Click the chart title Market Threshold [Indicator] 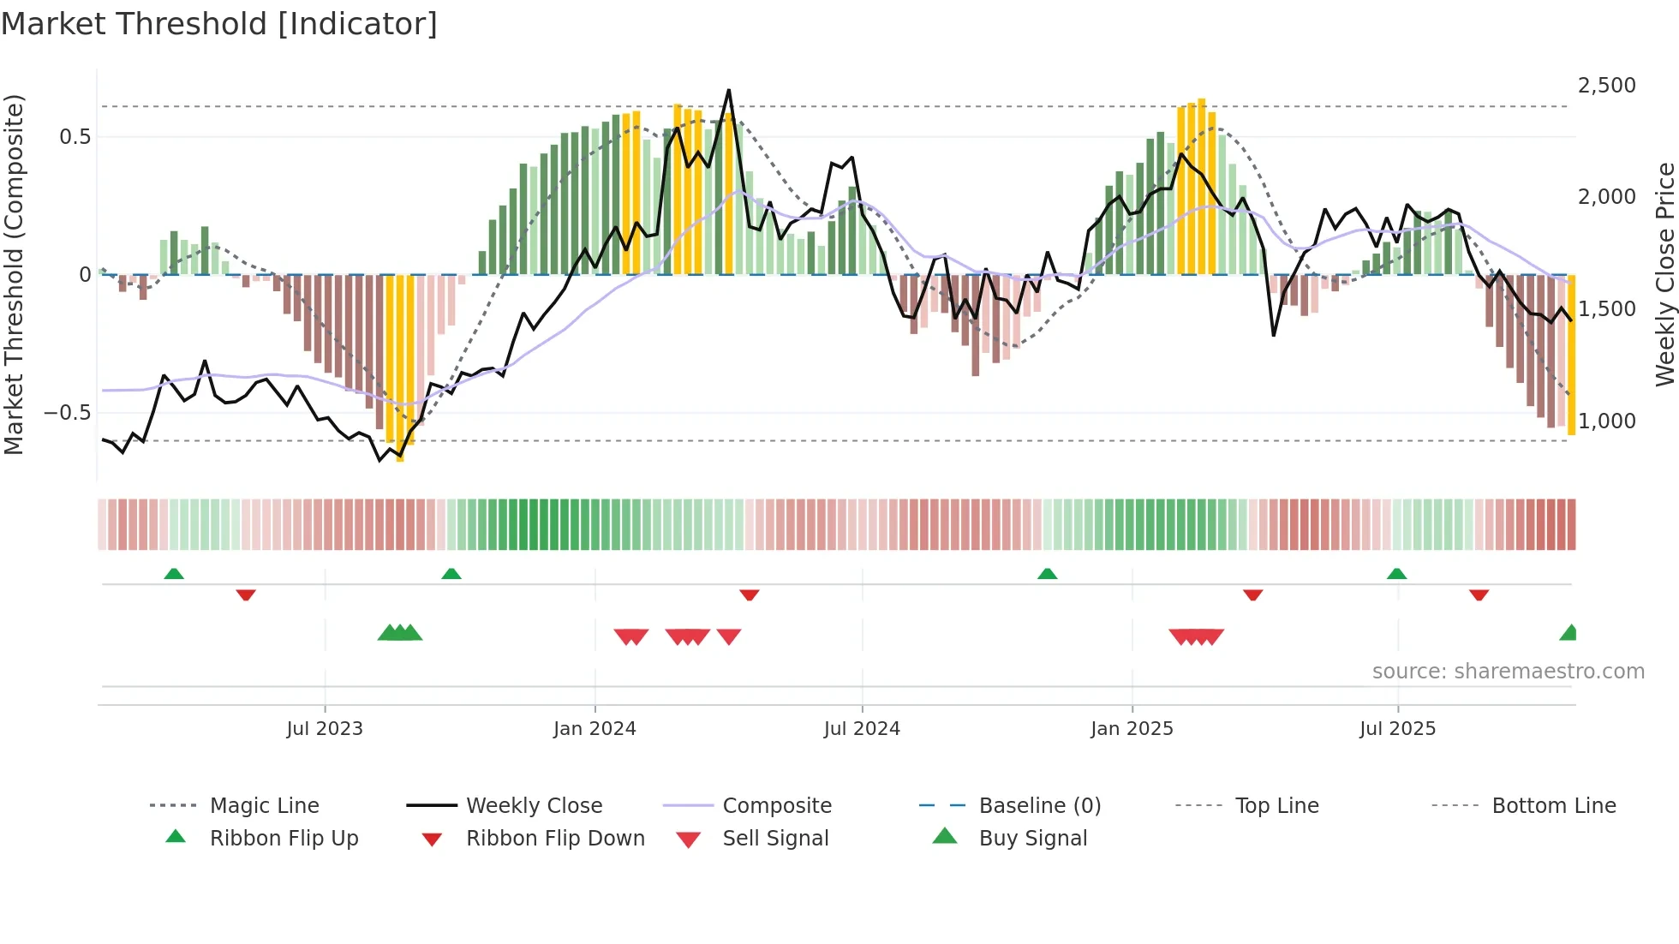click(x=219, y=24)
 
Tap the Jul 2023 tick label click(x=325, y=729)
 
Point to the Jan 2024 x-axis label click(x=595, y=729)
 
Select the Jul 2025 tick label click(x=1397, y=729)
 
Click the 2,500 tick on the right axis click(x=1606, y=86)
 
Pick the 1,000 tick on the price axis click(x=1606, y=421)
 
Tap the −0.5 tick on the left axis click(x=67, y=413)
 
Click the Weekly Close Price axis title click(x=1664, y=274)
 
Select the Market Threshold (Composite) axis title click(x=14, y=274)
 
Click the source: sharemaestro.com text click(x=1508, y=672)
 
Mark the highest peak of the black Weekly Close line click(x=729, y=90)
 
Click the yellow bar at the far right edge click(x=1571, y=355)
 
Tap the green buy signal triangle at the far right click(x=1569, y=634)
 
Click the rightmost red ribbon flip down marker click(x=1479, y=594)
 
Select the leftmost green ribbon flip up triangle click(x=174, y=574)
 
